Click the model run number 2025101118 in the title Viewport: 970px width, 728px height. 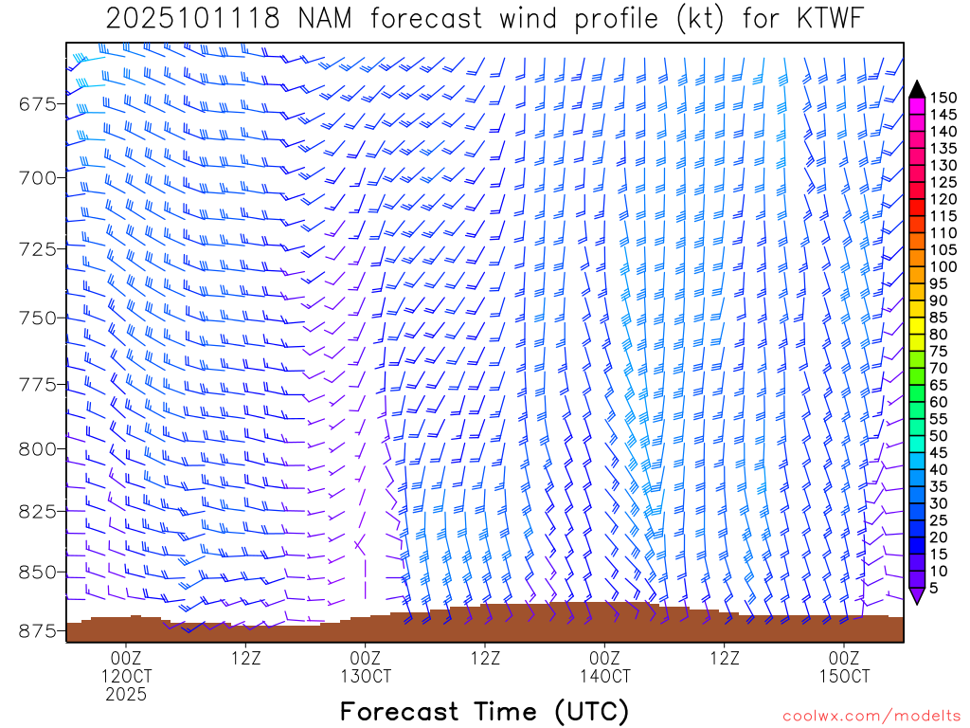click(x=192, y=19)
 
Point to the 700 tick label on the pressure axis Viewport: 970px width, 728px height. click(x=38, y=177)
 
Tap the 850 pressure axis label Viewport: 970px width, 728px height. click(x=38, y=573)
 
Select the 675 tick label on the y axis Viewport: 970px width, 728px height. click(x=38, y=103)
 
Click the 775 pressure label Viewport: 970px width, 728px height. click(x=38, y=385)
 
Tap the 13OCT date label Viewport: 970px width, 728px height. click(x=366, y=677)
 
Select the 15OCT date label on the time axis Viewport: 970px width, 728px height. click(x=844, y=677)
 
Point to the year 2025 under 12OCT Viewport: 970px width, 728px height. click(x=126, y=695)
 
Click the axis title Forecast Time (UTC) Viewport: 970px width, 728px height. click(x=484, y=711)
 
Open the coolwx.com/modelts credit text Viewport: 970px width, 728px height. click(x=871, y=714)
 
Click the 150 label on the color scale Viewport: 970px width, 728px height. click(x=943, y=98)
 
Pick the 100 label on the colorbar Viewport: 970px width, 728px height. click(x=943, y=266)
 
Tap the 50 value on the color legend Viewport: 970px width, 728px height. click(x=939, y=435)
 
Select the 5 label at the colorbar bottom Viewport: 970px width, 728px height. click(x=935, y=587)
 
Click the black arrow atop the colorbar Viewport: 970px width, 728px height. click(x=916, y=89)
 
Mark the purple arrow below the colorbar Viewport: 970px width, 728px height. click(x=916, y=595)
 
